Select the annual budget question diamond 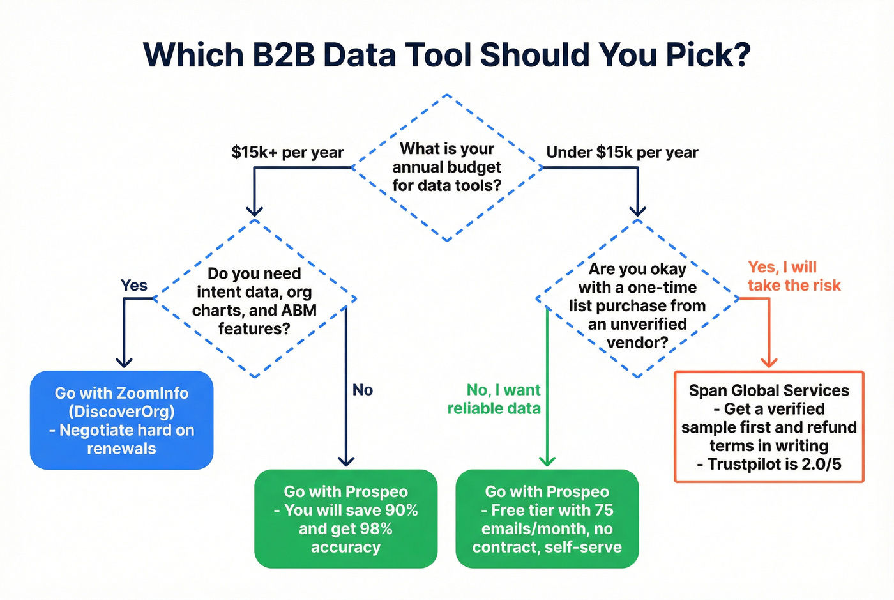click(x=447, y=167)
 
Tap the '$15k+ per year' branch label click(x=287, y=153)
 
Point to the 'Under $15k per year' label click(x=622, y=153)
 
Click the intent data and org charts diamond click(x=255, y=300)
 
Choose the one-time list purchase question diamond click(x=637, y=305)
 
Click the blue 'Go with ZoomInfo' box click(x=121, y=420)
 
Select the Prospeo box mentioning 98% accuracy click(x=345, y=519)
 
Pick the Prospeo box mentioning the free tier click(x=547, y=519)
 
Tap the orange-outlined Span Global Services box click(x=769, y=427)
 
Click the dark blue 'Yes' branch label click(x=134, y=286)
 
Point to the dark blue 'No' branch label click(x=363, y=390)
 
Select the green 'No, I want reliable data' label click(x=494, y=399)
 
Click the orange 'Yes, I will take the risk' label click(x=794, y=276)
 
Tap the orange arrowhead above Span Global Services click(x=769, y=362)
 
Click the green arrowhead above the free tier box click(x=547, y=461)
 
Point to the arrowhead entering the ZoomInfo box click(x=124, y=362)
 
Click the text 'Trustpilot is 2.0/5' click(x=774, y=465)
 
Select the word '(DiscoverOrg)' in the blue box click(x=121, y=412)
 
